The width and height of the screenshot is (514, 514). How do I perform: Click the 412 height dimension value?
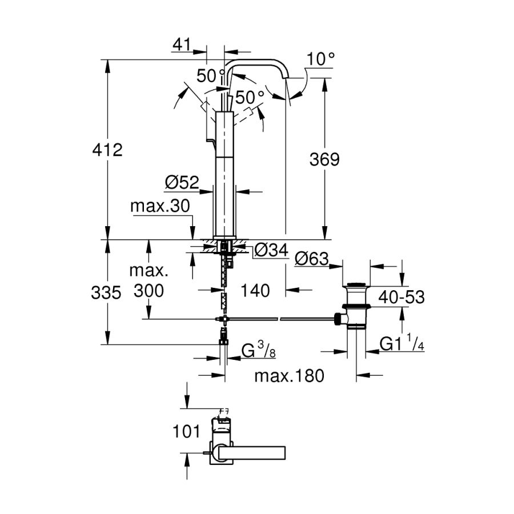tap(107, 150)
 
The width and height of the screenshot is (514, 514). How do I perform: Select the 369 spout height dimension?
tap(324, 159)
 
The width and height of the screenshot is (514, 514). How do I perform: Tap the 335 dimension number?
tap(107, 293)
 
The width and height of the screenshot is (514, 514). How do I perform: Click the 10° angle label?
tap(320, 59)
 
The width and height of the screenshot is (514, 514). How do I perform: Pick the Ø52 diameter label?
tap(182, 182)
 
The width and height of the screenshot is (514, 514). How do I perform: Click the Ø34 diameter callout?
tap(271, 250)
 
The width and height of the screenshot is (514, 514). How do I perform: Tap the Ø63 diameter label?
tap(312, 259)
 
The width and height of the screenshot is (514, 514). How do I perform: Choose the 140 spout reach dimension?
tap(255, 291)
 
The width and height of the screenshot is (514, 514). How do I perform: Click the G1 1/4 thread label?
tap(402, 344)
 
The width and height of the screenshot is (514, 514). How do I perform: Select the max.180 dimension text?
tap(289, 375)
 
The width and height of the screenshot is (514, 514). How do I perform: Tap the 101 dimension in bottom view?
tap(186, 431)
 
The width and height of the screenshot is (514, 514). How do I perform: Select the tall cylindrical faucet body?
tap(225, 171)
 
